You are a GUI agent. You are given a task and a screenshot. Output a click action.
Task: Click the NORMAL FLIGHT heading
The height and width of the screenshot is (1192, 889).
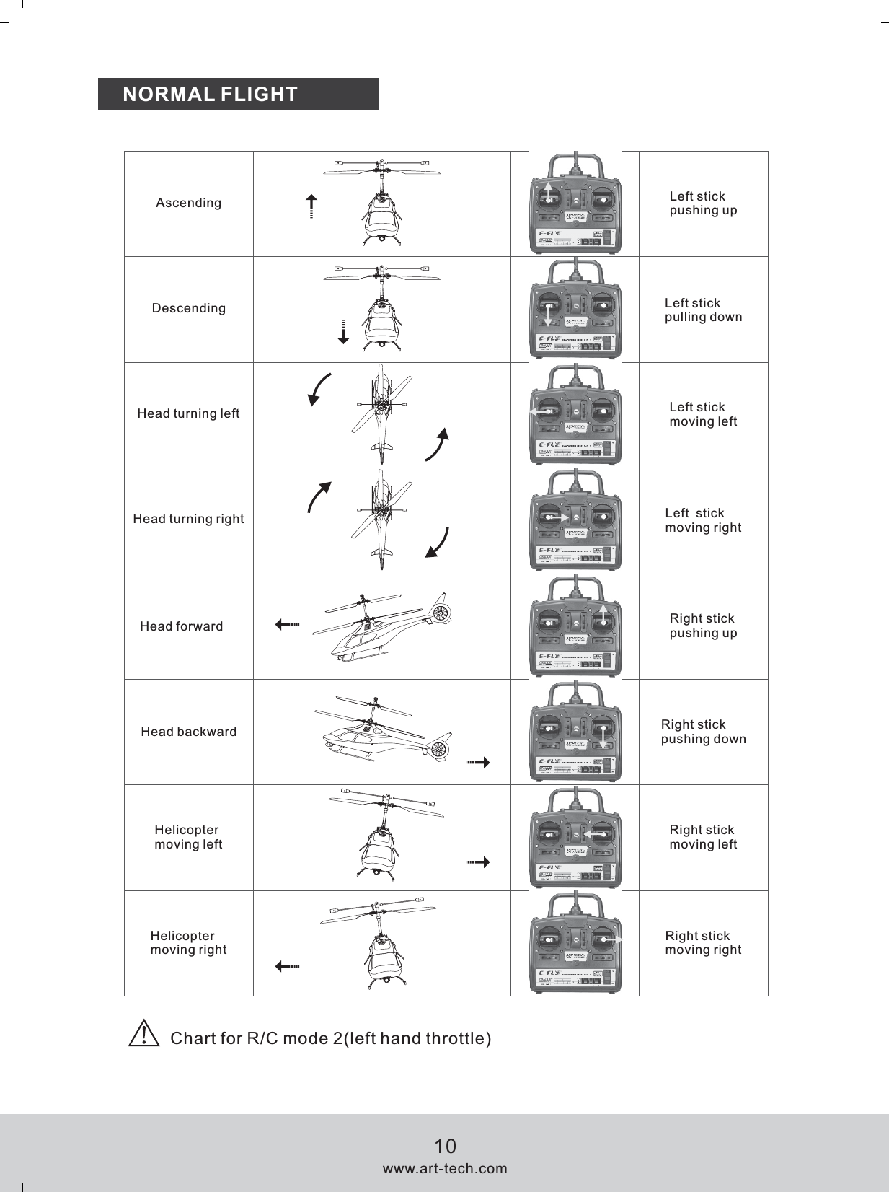point(211,95)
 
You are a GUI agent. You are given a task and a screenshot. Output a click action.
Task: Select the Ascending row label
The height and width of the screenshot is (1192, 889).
point(188,203)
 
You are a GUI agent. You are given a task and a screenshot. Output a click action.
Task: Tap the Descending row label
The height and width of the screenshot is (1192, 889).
point(188,308)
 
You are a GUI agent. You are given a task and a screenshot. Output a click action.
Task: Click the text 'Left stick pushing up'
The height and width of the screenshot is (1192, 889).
point(703,203)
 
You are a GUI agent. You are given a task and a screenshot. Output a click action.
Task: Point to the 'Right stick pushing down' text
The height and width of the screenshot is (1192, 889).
point(703,732)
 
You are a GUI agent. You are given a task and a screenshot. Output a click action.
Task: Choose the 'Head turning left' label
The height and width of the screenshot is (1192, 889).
point(188,413)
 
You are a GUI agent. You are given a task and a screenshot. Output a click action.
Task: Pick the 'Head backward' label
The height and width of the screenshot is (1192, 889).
point(188,732)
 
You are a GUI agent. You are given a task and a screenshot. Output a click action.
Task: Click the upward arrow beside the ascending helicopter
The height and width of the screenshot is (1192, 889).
point(311,206)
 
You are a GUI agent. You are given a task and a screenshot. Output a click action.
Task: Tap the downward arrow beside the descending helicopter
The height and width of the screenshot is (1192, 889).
point(344,332)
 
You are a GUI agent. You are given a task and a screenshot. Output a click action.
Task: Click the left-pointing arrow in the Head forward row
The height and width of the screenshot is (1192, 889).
point(287,625)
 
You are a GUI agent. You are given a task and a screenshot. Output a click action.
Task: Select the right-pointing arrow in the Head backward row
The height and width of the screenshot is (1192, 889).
point(478,762)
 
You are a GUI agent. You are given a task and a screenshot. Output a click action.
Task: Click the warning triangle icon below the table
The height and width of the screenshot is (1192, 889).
point(144,1034)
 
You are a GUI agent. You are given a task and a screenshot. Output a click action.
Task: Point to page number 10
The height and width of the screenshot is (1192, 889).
point(445,1147)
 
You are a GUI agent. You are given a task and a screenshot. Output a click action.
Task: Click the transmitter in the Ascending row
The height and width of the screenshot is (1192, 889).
point(575,204)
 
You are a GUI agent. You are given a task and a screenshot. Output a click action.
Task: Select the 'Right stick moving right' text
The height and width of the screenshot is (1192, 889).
point(703,943)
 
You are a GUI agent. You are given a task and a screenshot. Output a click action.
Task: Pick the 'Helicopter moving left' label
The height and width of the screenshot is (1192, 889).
point(188,837)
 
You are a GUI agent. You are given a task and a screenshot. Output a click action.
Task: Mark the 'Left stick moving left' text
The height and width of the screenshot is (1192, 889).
point(703,414)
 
